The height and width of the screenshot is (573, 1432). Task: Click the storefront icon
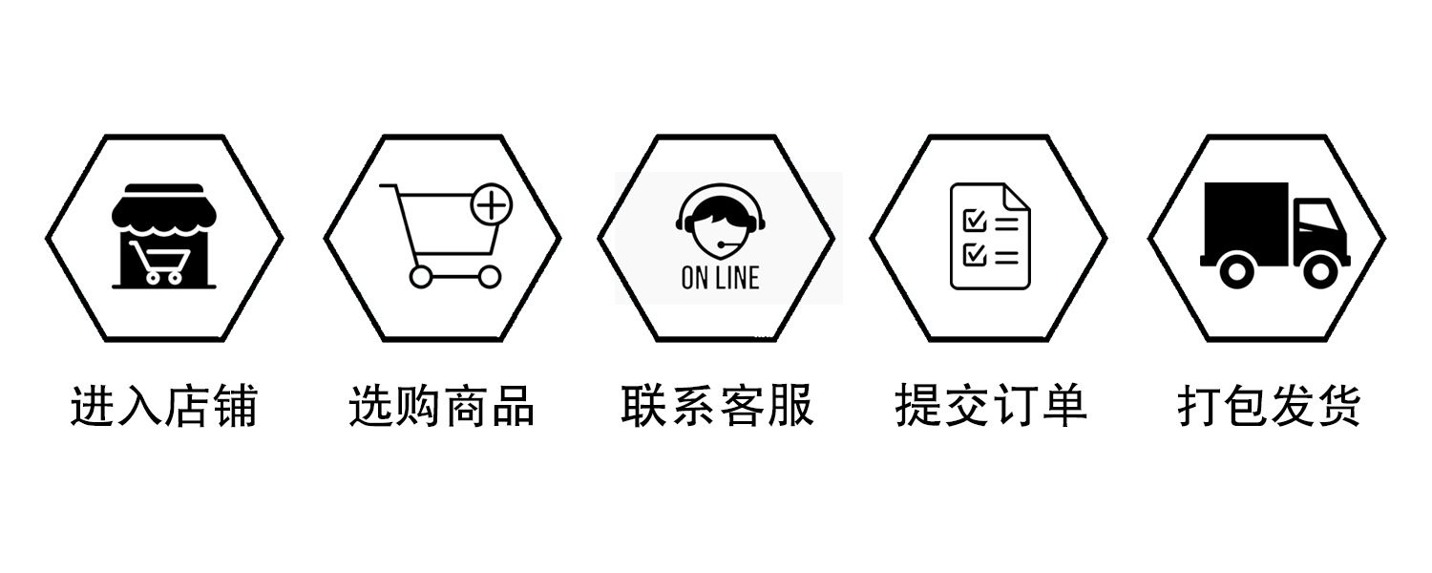(163, 236)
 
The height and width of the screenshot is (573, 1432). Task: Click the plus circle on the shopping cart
(493, 204)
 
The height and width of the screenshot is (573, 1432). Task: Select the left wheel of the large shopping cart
(420, 277)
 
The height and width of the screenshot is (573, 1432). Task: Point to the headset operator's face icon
(720, 224)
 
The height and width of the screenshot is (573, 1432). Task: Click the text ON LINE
(720, 278)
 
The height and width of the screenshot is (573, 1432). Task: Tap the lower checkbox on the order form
(975, 254)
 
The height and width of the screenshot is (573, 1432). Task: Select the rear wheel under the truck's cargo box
(1235, 271)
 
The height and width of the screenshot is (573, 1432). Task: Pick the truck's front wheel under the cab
(1320, 271)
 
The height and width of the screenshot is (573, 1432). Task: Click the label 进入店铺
(163, 406)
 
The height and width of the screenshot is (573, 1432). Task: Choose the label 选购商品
(441, 406)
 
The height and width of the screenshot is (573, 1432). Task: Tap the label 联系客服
(717, 405)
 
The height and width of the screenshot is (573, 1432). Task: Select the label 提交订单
(991, 405)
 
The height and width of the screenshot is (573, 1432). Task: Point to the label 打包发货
(1268, 406)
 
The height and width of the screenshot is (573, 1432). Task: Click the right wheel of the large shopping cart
(489, 277)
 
